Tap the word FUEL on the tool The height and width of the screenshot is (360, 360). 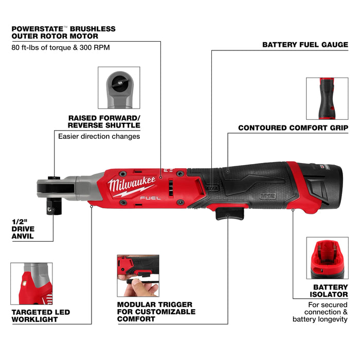[x=151, y=196]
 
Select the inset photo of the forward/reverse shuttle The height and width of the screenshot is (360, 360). [x=119, y=87]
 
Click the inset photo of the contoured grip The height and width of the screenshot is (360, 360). [x=327, y=98]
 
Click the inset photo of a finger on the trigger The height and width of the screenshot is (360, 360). [x=138, y=276]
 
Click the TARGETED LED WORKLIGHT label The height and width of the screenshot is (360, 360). [x=40, y=316]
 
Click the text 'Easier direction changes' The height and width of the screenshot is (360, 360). [x=99, y=136]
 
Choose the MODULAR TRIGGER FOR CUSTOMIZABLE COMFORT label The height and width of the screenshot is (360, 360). [x=156, y=312]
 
